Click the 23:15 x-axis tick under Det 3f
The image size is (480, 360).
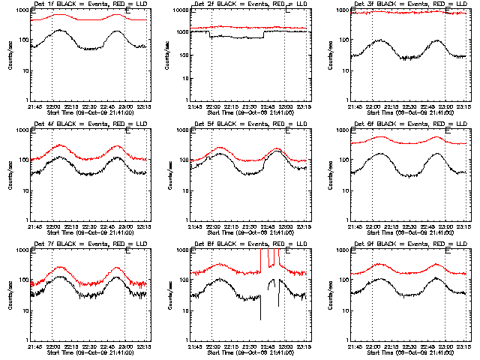462,106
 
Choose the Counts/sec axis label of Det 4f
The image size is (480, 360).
9,175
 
